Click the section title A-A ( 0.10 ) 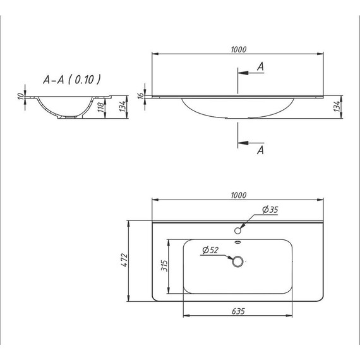(x=71, y=80)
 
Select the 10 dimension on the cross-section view (x=20, y=96)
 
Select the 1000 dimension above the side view (x=238, y=50)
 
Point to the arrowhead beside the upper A (x=243, y=73)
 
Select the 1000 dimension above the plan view (x=238, y=195)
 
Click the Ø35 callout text (x=270, y=210)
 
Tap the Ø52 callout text (x=211, y=251)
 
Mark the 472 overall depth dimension (x=124, y=260)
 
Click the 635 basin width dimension (x=237, y=311)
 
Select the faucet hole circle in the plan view (x=238, y=229)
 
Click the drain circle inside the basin (x=238, y=262)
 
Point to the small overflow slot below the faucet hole (x=238, y=241)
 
